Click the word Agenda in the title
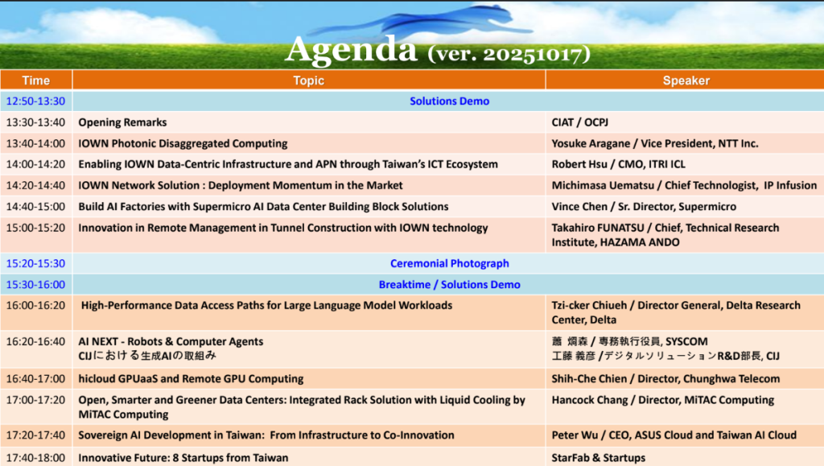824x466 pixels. click(350, 50)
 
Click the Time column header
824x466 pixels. click(35, 80)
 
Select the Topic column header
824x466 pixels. click(309, 80)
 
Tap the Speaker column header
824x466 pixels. click(686, 80)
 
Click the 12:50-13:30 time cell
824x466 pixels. click(35, 101)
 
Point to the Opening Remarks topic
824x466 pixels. click(122, 122)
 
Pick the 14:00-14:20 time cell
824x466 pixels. click(35, 164)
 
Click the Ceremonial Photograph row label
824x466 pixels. click(449, 263)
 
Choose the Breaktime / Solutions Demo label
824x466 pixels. click(449, 284)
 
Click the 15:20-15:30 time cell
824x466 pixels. click(35, 263)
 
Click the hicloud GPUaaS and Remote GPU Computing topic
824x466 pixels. click(191, 378)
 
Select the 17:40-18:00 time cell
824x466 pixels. click(35, 457)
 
